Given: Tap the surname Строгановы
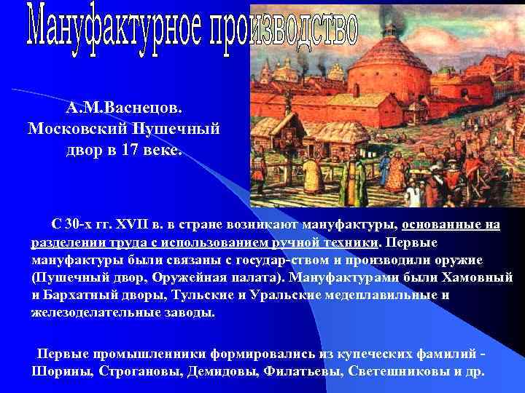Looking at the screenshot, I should pos(136,370).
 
